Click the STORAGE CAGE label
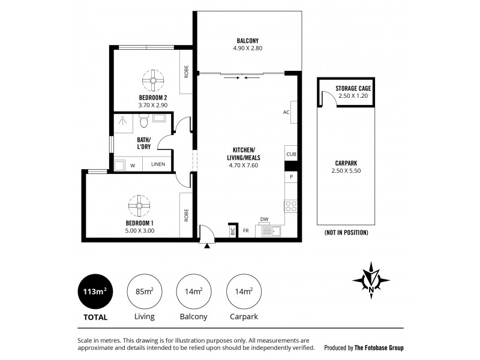pos(353,88)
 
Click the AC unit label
pos(286,112)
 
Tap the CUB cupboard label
pos(292,154)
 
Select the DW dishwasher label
pos(264,219)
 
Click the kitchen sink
pos(272,230)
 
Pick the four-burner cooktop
pos(292,206)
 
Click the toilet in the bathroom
pos(143,124)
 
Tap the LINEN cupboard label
pos(158,163)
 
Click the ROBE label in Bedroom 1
pos(187,214)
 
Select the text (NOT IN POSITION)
pos(346,232)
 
